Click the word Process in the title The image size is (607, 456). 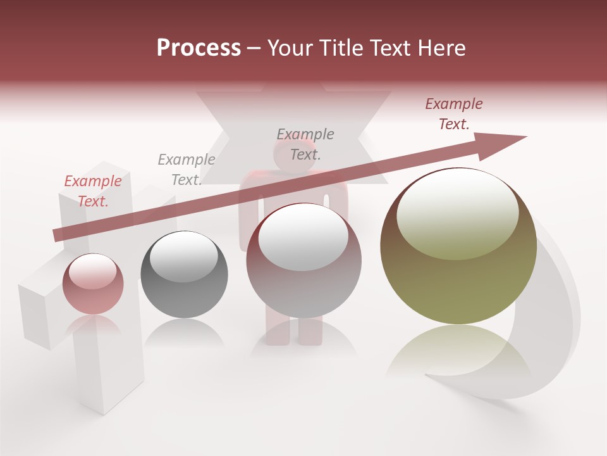[199, 48]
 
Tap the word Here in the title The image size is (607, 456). [441, 48]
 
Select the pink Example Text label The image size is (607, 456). [93, 191]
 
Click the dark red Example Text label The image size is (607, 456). [453, 114]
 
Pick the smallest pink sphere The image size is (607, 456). [93, 284]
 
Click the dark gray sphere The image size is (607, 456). [184, 275]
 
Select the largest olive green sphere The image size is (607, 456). [458, 247]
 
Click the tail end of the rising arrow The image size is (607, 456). [58, 234]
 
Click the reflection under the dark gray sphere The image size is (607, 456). [184, 332]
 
